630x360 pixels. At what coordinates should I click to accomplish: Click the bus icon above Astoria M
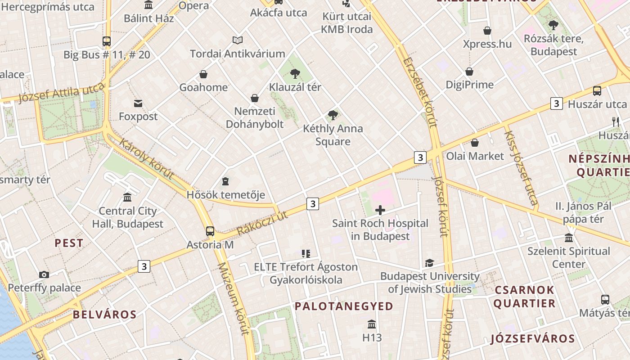click(210, 231)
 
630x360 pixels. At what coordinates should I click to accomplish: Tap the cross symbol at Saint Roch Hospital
click(380, 210)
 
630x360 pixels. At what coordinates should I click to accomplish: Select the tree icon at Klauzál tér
click(295, 73)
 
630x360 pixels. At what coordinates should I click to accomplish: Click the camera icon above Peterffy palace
click(44, 274)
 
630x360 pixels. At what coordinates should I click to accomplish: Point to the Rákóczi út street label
click(262, 223)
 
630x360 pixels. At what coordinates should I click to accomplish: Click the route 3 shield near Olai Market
click(420, 157)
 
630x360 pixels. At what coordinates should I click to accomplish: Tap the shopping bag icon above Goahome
click(203, 74)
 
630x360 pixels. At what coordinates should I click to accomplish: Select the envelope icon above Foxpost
click(138, 103)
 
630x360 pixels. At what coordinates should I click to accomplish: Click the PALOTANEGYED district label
click(344, 306)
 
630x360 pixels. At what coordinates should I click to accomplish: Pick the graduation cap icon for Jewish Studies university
click(429, 263)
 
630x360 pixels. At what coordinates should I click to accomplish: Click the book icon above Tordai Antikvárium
click(238, 40)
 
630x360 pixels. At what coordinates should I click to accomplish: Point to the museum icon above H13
click(372, 324)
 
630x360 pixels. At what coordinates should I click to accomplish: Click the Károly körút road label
click(146, 158)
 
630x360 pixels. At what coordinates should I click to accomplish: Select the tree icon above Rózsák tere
click(553, 25)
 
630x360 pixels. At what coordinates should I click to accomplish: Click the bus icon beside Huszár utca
click(597, 91)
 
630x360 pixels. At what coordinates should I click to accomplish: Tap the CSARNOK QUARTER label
click(524, 296)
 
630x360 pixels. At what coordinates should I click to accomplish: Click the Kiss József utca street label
click(521, 167)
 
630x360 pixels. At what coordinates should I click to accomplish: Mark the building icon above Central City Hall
click(127, 198)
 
